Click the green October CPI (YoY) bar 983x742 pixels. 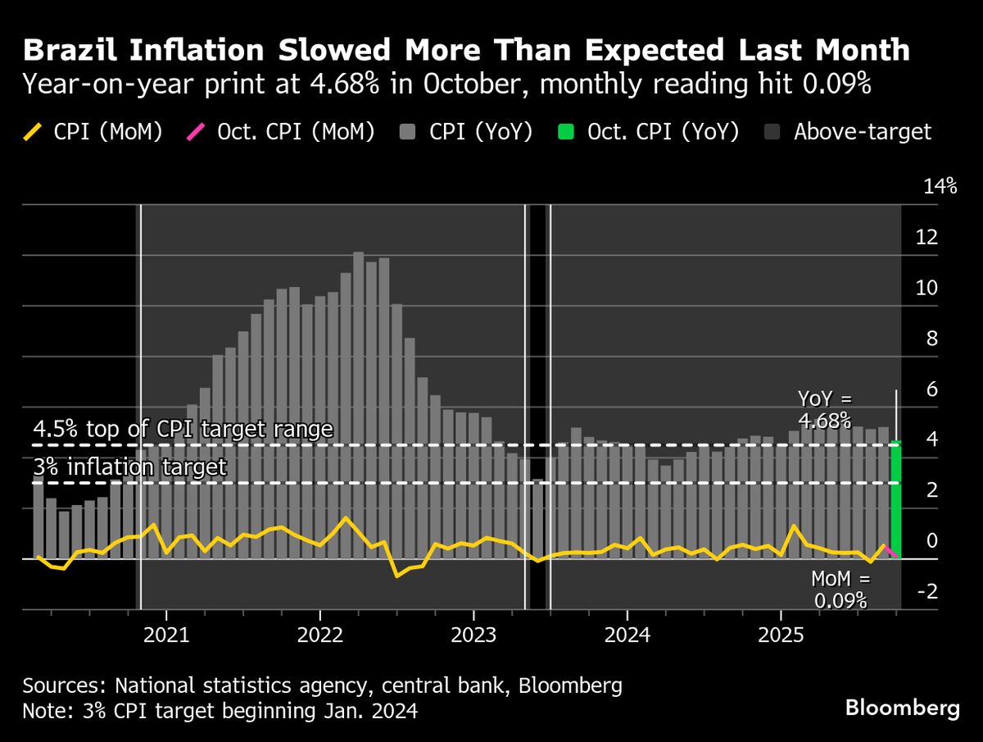pyautogui.click(x=895, y=500)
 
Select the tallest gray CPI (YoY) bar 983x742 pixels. pyautogui.click(x=359, y=406)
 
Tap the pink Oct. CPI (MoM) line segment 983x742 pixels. pyautogui.click(x=891, y=551)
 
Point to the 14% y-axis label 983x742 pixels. pyautogui.click(x=940, y=187)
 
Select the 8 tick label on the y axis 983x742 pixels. pyautogui.click(x=929, y=339)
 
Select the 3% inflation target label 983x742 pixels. pyautogui.click(x=129, y=468)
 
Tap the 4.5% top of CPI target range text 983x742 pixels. pyautogui.click(x=183, y=430)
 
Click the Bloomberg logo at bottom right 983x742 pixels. pyautogui.click(x=902, y=708)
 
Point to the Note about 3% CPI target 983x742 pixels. pyautogui.click(x=220, y=711)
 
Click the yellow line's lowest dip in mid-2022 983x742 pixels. pyautogui.click(x=397, y=576)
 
